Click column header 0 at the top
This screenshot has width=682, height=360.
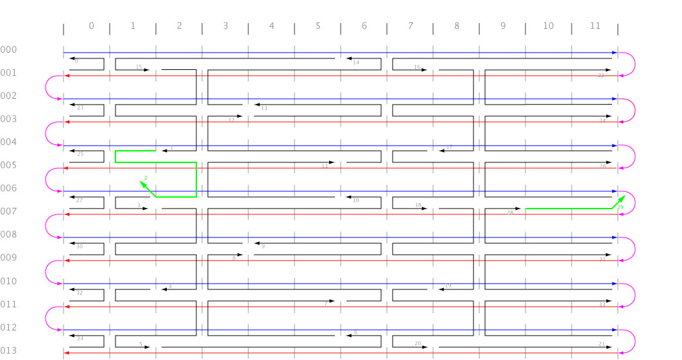coord(91,26)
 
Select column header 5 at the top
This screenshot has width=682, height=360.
coord(318,26)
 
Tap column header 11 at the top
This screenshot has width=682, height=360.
coord(595,26)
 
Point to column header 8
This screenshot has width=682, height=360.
coord(456,26)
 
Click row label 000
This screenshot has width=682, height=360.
coord(9,50)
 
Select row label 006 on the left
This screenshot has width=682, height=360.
coord(9,189)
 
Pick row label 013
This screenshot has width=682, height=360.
coord(9,350)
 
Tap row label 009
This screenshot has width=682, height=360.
coord(9,258)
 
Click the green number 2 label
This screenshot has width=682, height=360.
coord(146,177)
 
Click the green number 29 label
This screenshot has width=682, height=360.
coord(620,207)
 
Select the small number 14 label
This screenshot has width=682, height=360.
coord(356,63)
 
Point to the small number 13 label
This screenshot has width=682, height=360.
coord(264,108)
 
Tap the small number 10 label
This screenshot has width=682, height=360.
coord(356,200)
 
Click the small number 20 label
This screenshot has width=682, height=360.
coord(418,344)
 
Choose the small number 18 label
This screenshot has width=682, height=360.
coord(418,205)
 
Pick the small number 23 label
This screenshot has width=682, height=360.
coord(80,108)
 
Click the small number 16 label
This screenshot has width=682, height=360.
coord(417,67)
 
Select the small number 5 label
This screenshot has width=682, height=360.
coord(141,344)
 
